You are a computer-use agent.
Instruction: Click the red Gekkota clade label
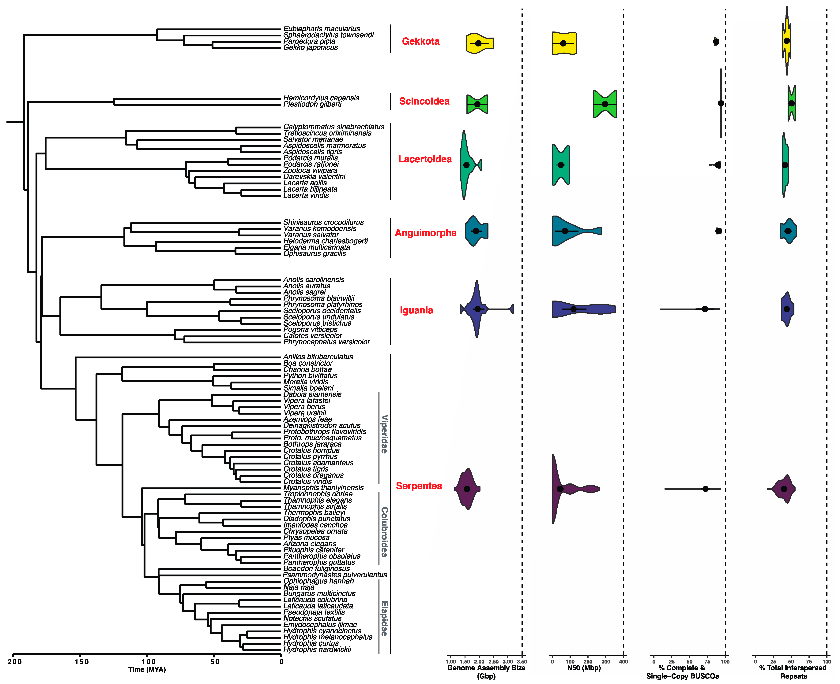click(420, 41)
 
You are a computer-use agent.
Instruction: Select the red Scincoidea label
click(424, 101)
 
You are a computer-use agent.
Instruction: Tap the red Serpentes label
click(419, 486)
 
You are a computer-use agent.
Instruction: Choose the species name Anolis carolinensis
click(314, 280)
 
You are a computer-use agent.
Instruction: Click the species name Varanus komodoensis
click(319, 228)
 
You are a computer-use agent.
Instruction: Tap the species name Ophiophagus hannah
click(318, 581)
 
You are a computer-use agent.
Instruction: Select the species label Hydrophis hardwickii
click(317, 649)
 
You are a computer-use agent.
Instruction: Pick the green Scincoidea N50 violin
click(605, 104)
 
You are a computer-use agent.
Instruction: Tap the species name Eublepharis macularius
click(321, 29)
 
